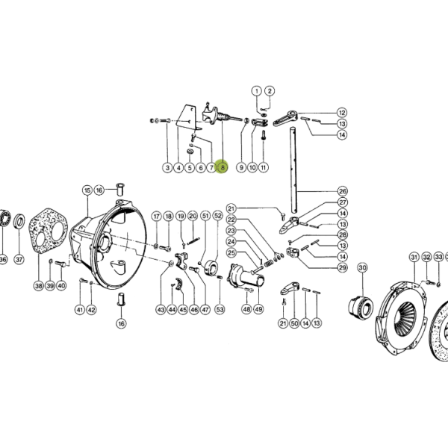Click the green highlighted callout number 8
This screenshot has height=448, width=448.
tap(223, 167)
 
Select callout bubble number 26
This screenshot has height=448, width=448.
tap(343, 191)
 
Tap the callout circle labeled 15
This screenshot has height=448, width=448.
tap(87, 190)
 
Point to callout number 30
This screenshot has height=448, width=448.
tap(362, 268)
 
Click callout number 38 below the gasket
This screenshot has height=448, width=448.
tap(39, 285)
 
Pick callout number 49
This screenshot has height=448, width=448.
tap(258, 309)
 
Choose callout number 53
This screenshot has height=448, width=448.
tap(220, 309)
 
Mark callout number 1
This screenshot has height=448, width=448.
tap(257, 91)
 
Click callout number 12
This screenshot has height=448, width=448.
tap(342, 113)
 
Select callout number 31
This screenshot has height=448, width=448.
tap(414, 257)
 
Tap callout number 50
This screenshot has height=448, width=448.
tap(294, 323)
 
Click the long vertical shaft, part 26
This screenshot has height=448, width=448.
tap(294, 170)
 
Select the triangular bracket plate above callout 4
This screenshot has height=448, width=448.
tap(187, 117)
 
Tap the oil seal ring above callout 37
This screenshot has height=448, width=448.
tap(19, 221)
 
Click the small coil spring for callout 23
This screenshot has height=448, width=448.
tap(268, 264)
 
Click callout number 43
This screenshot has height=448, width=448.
tap(161, 309)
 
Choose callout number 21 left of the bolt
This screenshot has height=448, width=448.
tap(231, 208)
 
